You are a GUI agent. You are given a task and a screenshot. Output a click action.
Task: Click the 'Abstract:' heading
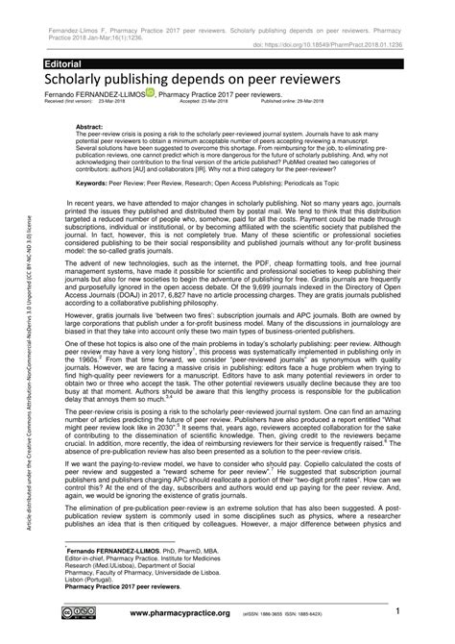[x=90, y=126]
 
